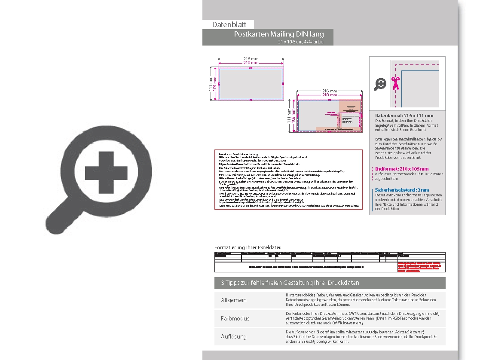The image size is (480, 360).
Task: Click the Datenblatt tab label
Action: [x=228, y=24]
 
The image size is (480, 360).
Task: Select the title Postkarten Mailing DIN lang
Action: [x=279, y=34]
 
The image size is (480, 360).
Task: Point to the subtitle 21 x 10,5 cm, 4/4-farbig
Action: [x=300, y=42]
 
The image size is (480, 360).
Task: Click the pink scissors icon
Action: [x=395, y=83]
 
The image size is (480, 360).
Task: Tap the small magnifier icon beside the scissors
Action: [x=380, y=84]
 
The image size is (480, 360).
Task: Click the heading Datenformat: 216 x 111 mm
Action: [x=404, y=116]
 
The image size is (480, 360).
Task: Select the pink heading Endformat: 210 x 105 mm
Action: [x=402, y=169]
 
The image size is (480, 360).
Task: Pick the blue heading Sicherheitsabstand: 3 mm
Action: [x=402, y=190]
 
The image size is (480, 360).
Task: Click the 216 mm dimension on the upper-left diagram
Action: [x=251, y=58]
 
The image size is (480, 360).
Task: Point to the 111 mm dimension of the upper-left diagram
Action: [x=211, y=84]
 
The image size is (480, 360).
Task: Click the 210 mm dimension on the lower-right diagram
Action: [x=329, y=95]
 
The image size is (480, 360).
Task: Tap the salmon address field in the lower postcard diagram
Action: [x=349, y=113]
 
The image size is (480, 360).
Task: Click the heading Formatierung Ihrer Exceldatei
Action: [x=248, y=247]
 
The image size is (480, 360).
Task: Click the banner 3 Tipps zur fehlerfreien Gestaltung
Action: [x=290, y=283]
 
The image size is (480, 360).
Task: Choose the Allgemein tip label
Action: [x=234, y=300]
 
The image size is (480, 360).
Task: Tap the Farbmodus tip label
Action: [x=235, y=318]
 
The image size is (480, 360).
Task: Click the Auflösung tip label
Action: [x=234, y=336]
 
